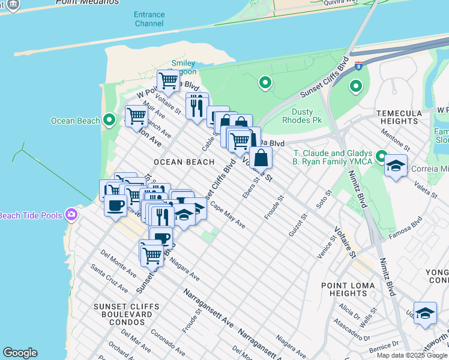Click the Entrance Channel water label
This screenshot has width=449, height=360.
(x=149, y=18)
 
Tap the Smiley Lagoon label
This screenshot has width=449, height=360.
(x=184, y=67)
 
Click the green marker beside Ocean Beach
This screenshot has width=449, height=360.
(x=109, y=121)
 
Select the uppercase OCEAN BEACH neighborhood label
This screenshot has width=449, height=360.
(x=184, y=162)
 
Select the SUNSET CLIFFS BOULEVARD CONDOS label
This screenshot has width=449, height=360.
(x=127, y=314)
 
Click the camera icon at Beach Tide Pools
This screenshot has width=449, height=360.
(x=72, y=214)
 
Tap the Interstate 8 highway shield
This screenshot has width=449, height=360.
(x=358, y=66)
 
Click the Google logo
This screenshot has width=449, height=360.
(x=20, y=353)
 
